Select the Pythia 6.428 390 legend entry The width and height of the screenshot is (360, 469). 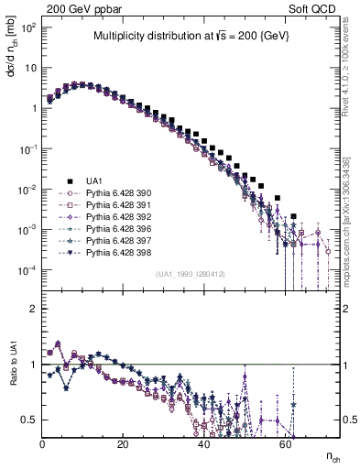click(x=112, y=193)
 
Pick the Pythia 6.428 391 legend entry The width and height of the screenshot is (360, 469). click(x=112, y=205)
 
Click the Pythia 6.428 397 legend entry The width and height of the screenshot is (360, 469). click(x=112, y=241)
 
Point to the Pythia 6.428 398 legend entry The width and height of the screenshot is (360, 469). click(x=112, y=253)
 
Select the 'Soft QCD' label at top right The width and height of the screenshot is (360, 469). click(x=314, y=7)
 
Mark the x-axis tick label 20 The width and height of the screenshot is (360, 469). click(x=124, y=443)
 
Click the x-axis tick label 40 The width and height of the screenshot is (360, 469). click(x=204, y=443)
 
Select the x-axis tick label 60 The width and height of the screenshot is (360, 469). click(x=285, y=443)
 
